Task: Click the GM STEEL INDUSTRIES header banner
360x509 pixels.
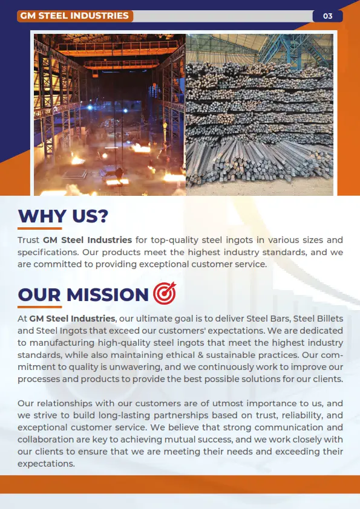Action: click(x=74, y=16)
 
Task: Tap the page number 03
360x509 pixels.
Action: click(x=328, y=16)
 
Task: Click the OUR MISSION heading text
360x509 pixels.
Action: click(x=83, y=294)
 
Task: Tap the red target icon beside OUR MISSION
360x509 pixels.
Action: click(x=164, y=293)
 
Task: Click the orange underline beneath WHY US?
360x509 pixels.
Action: click(x=39, y=229)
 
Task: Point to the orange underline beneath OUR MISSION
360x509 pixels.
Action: click(x=39, y=306)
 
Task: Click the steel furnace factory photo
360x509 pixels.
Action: click(x=110, y=114)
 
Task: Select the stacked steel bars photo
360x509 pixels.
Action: click(x=260, y=114)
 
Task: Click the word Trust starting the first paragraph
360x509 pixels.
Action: click(x=28, y=240)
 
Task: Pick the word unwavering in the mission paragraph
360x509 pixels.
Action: click(x=146, y=367)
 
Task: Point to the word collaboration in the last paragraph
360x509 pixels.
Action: click(x=48, y=439)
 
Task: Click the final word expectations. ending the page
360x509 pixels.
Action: click(x=46, y=464)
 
